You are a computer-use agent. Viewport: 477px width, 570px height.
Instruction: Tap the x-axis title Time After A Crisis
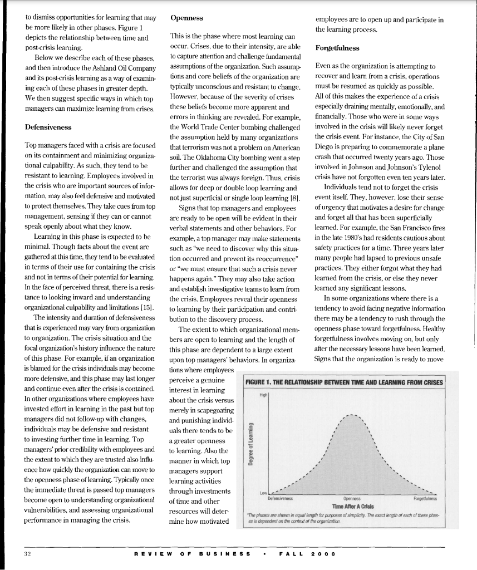[x=351, y=505]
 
